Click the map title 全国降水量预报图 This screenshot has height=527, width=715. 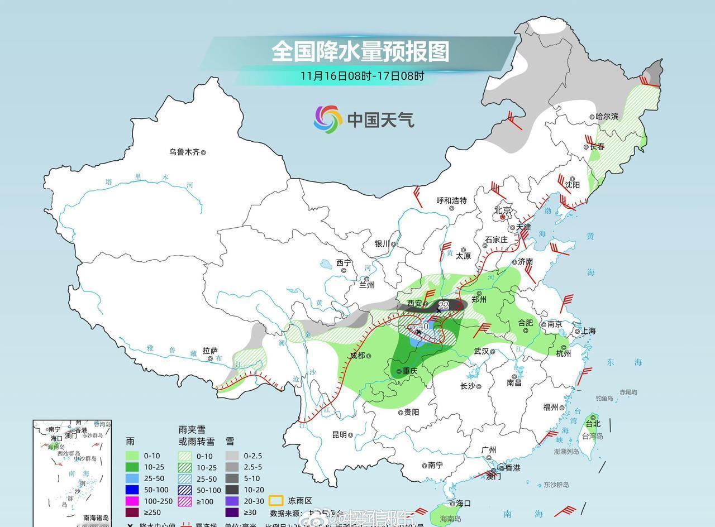(x=360, y=51)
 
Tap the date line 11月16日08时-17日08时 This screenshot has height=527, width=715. (x=361, y=76)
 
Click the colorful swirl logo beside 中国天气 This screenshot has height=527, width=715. (x=328, y=119)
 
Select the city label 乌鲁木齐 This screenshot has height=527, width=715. (x=184, y=152)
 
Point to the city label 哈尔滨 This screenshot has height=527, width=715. (x=607, y=117)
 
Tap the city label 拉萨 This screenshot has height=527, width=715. (x=210, y=351)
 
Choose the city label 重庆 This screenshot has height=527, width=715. (x=409, y=371)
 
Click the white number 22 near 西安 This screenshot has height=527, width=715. (x=444, y=305)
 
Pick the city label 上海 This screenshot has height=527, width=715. (x=588, y=330)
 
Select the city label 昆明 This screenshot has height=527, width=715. (x=339, y=434)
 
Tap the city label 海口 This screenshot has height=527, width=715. (x=463, y=503)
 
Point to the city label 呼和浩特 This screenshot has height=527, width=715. (x=451, y=200)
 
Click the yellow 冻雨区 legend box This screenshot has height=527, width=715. (x=275, y=501)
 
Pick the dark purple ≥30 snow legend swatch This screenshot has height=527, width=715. (x=232, y=512)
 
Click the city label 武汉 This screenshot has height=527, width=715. (x=482, y=351)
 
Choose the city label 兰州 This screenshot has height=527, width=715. (x=366, y=285)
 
